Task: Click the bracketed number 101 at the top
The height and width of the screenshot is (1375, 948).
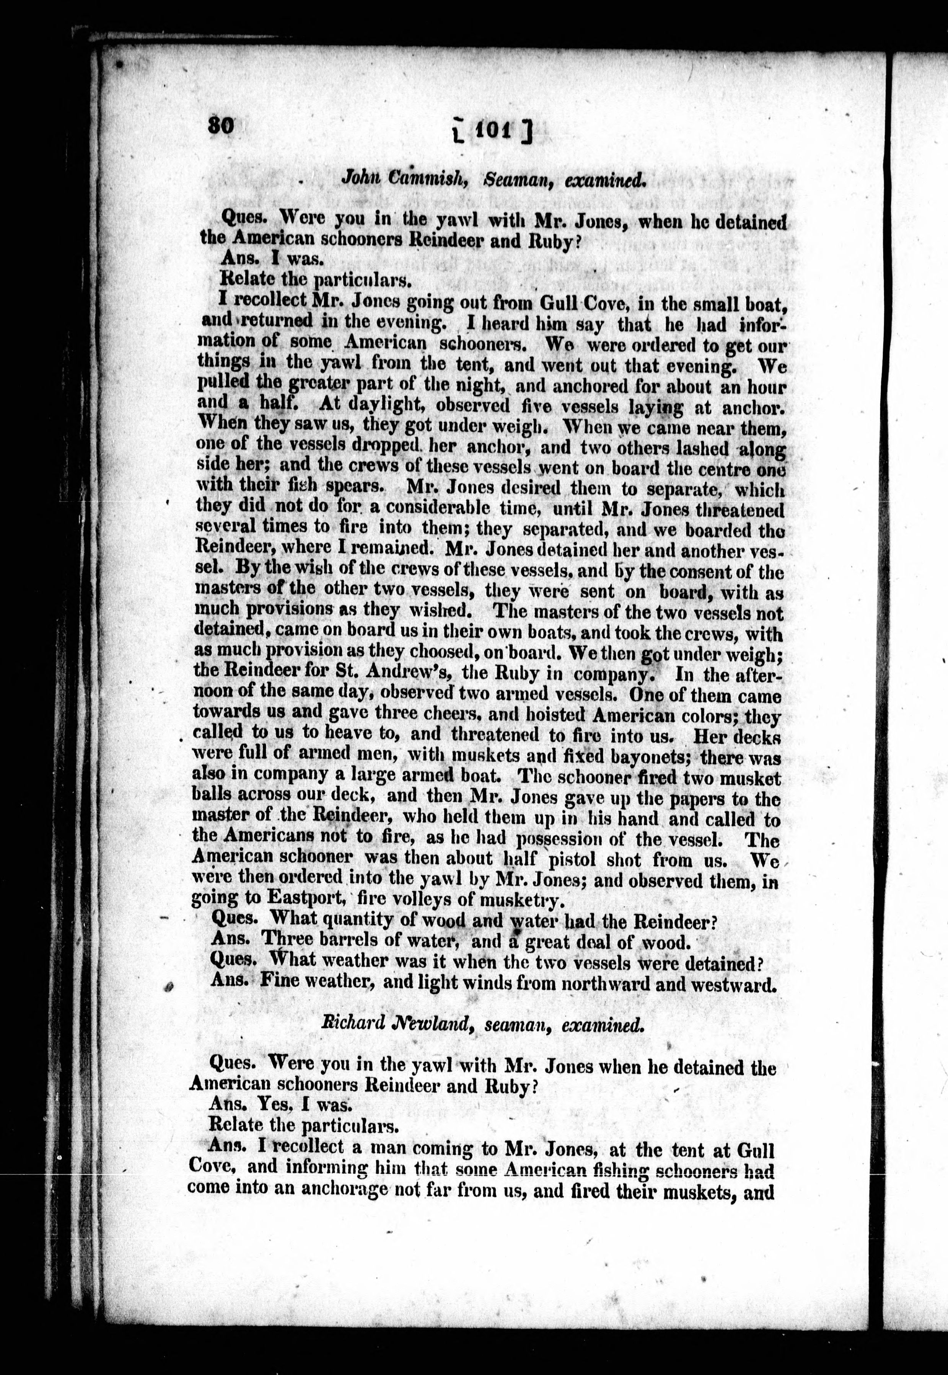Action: [x=490, y=129]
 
